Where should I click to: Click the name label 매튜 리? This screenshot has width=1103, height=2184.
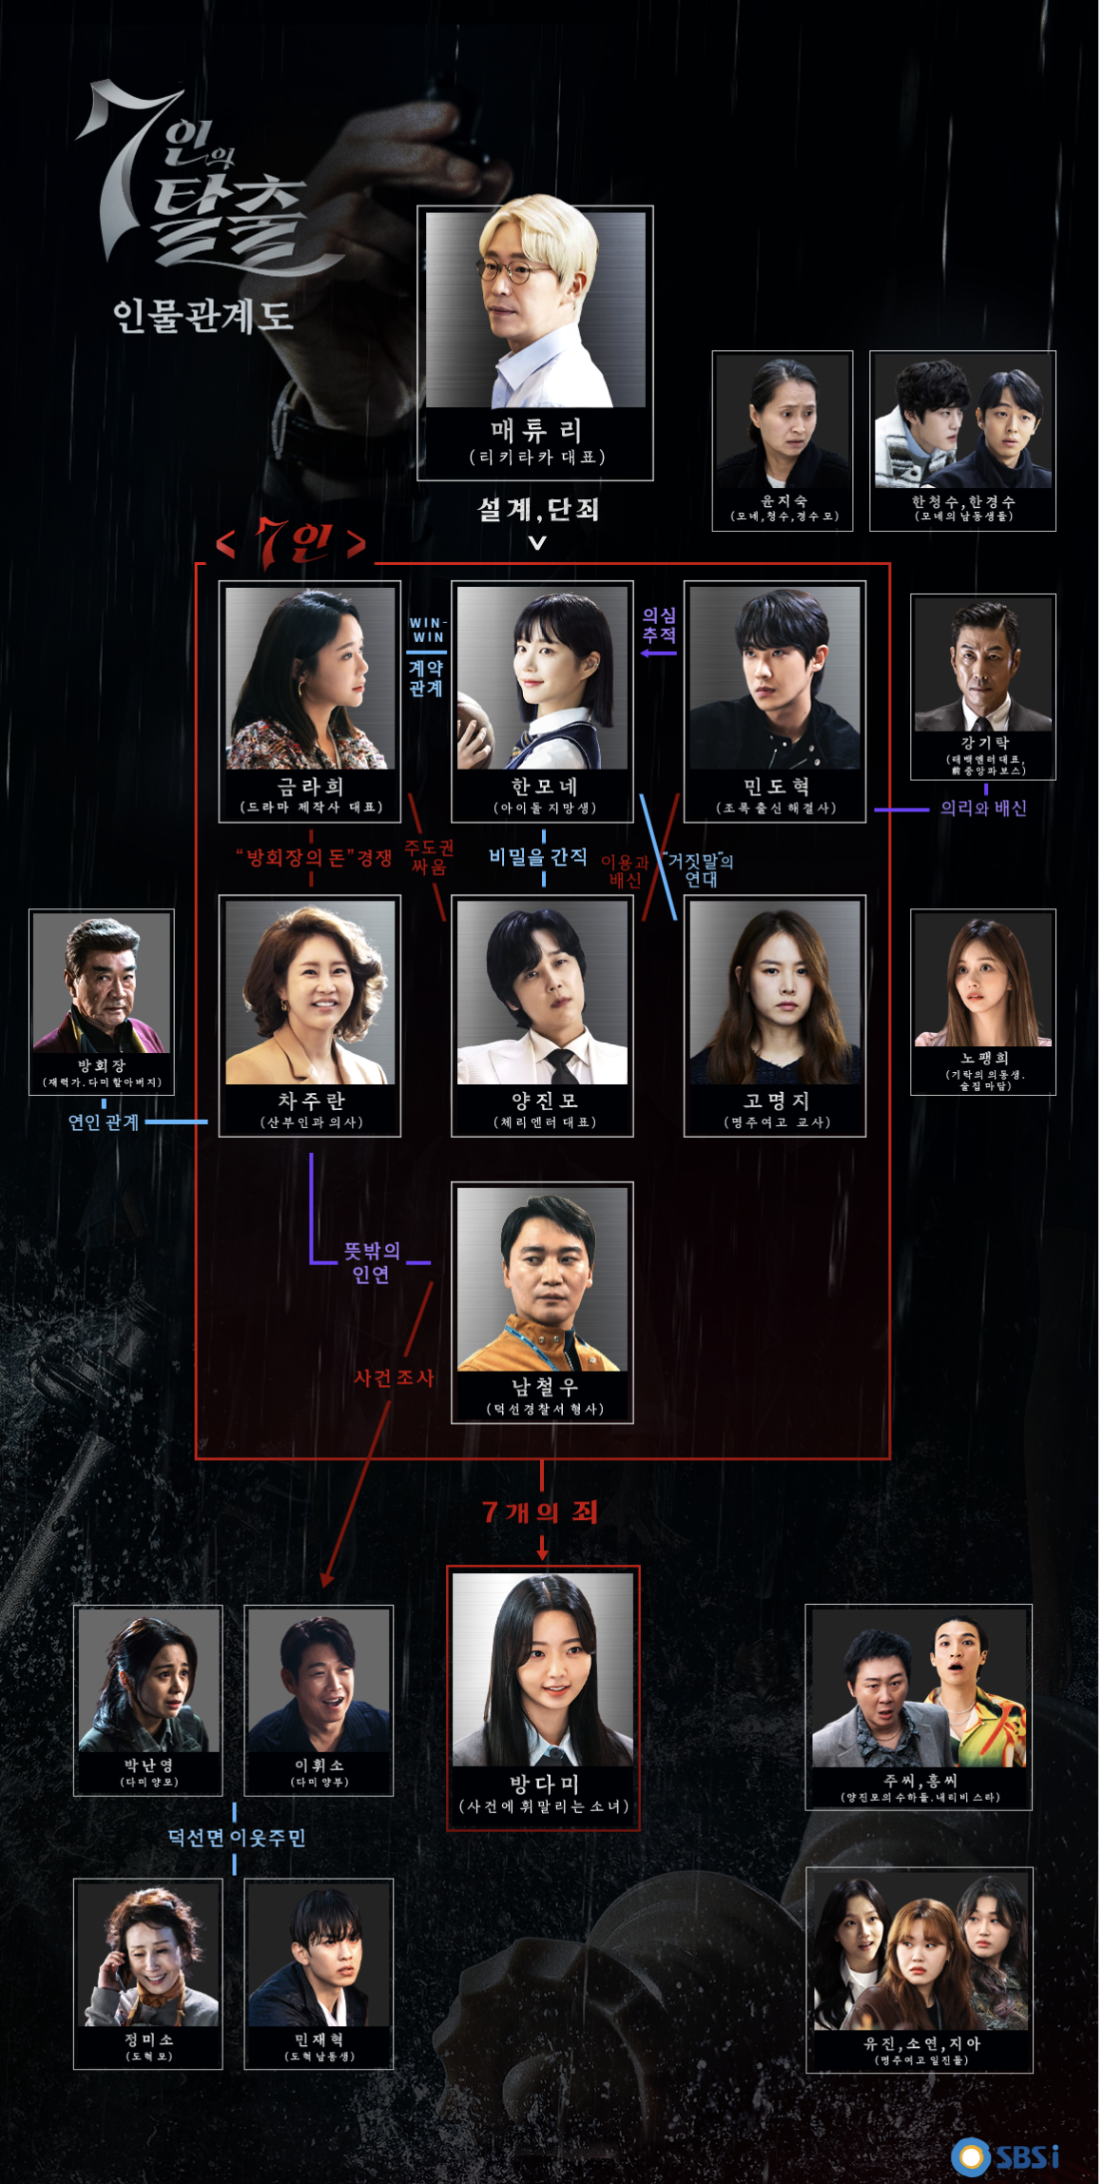(536, 431)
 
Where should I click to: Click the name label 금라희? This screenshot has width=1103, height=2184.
(310, 787)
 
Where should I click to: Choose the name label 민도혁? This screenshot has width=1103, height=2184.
(776, 787)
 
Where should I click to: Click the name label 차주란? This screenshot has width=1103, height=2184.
(310, 1101)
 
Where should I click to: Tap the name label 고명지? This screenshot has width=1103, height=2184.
(776, 1101)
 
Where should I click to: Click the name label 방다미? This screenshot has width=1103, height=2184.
(544, 1784)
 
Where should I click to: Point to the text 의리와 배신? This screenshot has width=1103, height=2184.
(983, 809)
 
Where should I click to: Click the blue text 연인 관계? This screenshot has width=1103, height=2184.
(104, 1122)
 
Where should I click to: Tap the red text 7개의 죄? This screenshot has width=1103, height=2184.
(540, 1512)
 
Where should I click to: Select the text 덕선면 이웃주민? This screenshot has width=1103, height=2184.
(237, 1838)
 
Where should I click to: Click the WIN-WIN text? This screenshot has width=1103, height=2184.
(428, 630)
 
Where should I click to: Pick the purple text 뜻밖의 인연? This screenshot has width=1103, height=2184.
(372, 1262)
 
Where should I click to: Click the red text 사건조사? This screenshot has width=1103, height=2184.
(394, 1377)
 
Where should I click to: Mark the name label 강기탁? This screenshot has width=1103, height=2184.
(984, 743)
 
